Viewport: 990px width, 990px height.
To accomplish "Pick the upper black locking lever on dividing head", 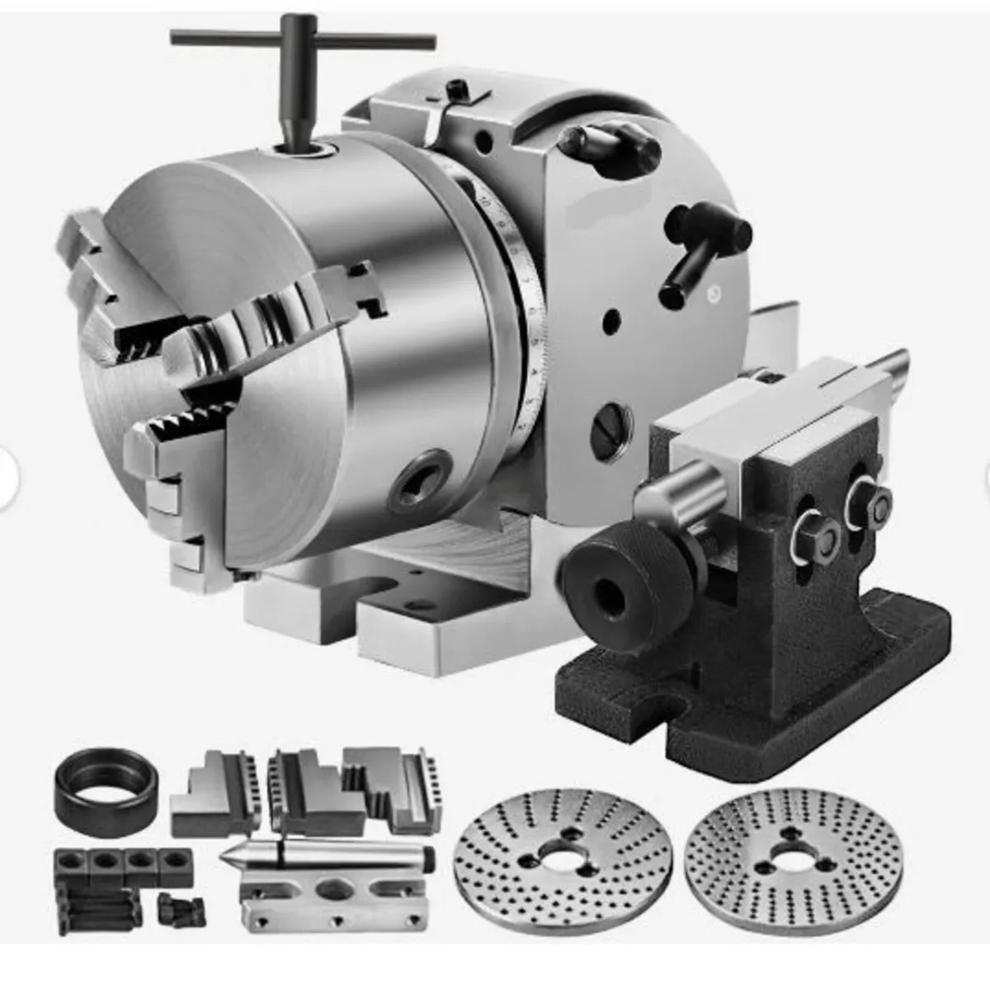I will tap(610, 144).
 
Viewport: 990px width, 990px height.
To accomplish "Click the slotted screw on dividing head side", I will tap(613, 427).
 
